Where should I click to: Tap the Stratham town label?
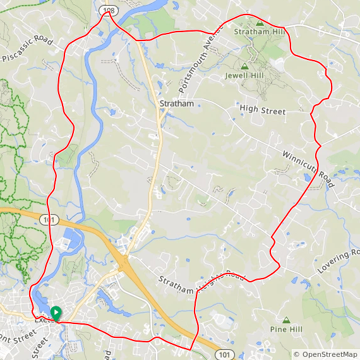[x=176, y=104]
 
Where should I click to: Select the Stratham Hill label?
[x=260, y=31]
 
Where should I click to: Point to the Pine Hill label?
[x=287, y=329]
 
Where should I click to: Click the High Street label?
[x=263, y=111]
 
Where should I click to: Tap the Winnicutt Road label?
[x=308, y=165]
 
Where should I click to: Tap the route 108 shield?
[x=108, y=11]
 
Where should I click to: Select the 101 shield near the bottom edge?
[x=225, y=354]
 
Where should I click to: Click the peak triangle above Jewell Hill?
[x=245, y=66]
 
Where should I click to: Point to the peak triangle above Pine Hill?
[x=287, y=320]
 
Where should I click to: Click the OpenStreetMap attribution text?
[x=326, y=355]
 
